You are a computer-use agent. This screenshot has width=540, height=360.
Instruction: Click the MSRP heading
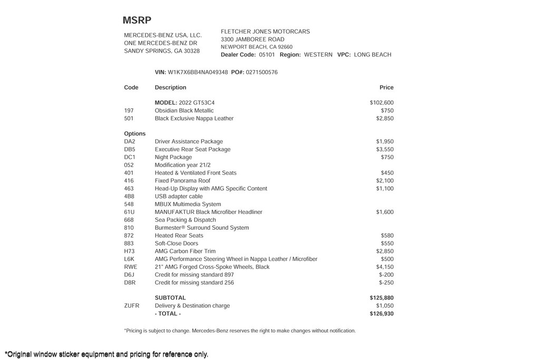137,21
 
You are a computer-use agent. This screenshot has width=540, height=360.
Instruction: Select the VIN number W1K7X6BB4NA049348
198,72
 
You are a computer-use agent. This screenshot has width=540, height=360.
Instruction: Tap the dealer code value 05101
267,55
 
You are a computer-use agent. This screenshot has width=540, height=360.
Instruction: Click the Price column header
387,87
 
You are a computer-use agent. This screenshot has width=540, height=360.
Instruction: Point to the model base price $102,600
382,103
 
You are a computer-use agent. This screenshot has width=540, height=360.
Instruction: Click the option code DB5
130,150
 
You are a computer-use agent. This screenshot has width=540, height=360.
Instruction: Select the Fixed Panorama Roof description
182,181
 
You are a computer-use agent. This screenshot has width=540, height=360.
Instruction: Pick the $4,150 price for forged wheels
385,267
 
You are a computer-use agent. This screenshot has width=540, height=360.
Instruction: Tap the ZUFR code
132,306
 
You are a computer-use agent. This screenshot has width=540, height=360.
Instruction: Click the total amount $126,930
382,314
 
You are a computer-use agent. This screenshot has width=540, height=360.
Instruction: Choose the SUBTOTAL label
170,298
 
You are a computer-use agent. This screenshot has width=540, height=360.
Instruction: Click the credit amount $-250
387,283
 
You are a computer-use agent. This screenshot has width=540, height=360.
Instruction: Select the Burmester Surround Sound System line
202,228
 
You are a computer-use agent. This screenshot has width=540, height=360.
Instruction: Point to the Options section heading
135,134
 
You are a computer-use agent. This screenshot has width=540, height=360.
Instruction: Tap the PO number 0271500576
262,72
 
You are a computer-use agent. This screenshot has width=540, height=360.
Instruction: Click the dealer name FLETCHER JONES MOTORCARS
265,32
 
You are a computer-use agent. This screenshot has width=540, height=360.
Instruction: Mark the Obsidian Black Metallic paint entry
184,111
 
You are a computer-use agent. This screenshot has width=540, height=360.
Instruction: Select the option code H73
130,251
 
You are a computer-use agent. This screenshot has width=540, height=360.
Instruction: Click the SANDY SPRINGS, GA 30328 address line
162,51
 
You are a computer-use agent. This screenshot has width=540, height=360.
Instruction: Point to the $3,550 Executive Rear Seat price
385,150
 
